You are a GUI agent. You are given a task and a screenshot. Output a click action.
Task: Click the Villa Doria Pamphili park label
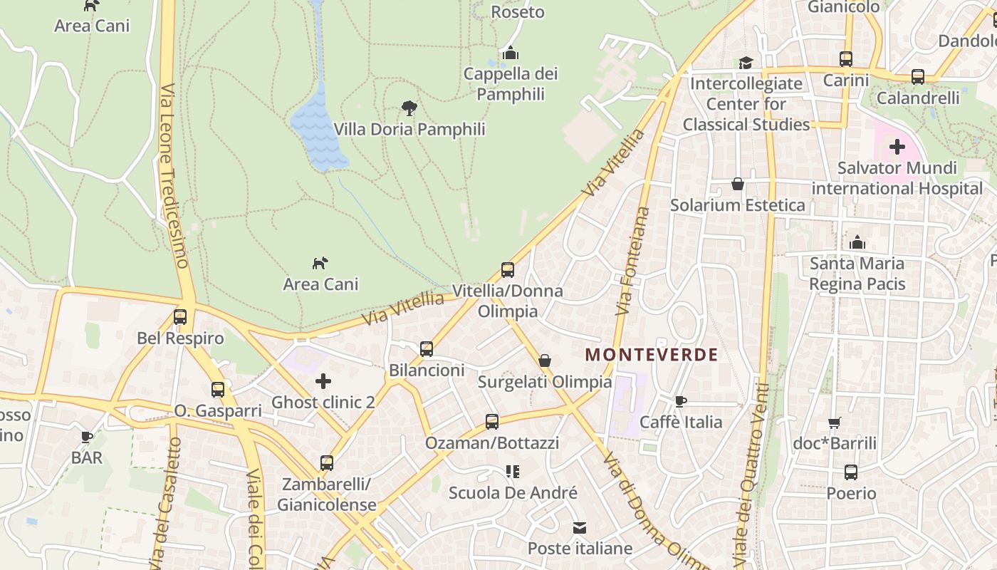tap(409, 129)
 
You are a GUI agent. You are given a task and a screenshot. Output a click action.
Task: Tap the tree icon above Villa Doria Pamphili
tap(409, 108)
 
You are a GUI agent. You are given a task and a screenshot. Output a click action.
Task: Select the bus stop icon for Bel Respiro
tap(180, 317)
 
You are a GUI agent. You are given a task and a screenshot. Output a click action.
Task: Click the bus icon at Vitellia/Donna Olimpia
tap(508, 270)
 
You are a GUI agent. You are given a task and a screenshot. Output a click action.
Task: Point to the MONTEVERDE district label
tap(652, 354)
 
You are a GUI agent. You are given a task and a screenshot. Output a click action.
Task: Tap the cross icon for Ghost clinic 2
tap(323, 381)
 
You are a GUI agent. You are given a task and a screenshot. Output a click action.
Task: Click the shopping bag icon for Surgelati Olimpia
tap(545, 361)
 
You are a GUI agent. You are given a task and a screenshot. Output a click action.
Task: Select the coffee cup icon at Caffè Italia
tap(681, 401)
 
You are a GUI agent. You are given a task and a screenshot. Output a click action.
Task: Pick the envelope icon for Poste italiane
tap(580, 528)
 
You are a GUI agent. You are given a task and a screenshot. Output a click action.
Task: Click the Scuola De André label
tap(513, 492)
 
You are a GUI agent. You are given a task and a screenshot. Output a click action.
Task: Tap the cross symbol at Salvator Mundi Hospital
tap(897, 147)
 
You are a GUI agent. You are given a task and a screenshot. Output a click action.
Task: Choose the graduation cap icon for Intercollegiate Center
tap(746, 63)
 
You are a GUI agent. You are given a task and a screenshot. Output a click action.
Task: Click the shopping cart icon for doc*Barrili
tap(835, 423)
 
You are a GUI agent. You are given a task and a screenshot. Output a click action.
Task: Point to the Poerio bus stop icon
tap(851, 472)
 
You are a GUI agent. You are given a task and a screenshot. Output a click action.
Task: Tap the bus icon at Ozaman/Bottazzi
tap(492, 421)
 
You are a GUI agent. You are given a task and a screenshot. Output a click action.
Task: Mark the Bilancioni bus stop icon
tap(427, 349)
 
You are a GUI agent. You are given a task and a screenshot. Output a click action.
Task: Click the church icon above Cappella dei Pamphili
tap(510, 53)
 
